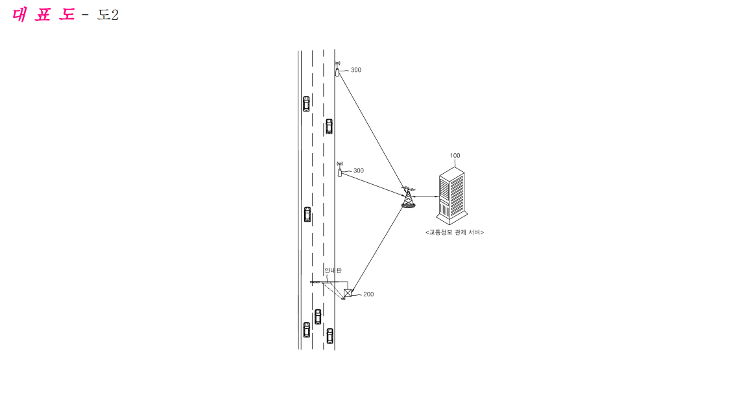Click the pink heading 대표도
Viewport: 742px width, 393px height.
coord(43,15)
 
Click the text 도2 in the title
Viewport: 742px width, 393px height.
coord(108,15)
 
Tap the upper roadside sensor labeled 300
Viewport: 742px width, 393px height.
coord(337,69)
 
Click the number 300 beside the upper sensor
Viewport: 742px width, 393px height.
coord(356,70)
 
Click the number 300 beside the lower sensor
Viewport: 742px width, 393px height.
coord(359,171)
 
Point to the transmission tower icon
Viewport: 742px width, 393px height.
coord(408,197)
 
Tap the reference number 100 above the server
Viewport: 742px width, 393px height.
coord(455,155)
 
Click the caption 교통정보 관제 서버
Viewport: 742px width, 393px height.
coord(454,232)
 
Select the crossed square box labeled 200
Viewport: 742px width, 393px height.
coord(348,293)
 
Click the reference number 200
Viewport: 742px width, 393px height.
coord(368,294)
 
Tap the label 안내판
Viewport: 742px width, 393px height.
coord(333,270)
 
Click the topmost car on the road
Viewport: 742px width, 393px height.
coord(306,104)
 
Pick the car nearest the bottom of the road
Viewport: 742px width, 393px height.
coord(330,336)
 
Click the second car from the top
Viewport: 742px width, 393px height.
coord(329,126)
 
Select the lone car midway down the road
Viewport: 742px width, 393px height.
coord(307,214)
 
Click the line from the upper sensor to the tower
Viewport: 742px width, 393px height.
coord(372,130)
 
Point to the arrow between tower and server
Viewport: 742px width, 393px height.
coord(425,196)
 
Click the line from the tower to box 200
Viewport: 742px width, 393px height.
coord(377,249)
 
